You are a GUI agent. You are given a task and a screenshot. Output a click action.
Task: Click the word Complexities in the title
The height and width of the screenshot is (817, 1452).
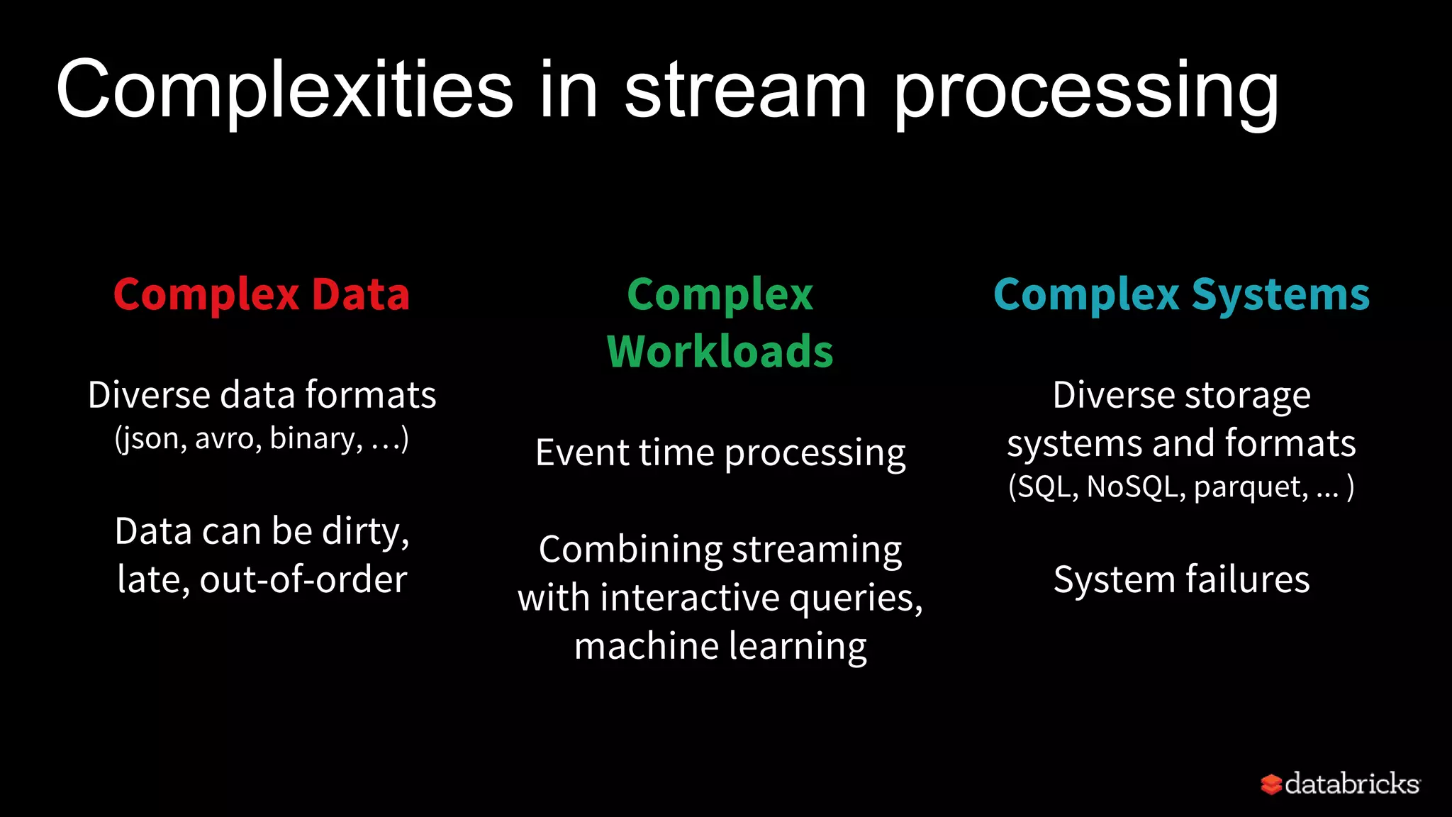[x=284, y=91]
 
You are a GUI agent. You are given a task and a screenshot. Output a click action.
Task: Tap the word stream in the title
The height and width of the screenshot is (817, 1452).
[x=744, y=91]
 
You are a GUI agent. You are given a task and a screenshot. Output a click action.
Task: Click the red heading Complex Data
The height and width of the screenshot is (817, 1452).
[x=262, y=294]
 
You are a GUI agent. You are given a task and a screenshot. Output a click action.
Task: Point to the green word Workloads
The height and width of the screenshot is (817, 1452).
[x=720, y=352]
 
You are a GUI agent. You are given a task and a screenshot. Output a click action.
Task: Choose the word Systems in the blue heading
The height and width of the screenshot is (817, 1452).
[x=1280, y=294]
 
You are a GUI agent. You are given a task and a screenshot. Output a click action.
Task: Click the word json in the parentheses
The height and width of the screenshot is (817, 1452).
[x=152, y=439]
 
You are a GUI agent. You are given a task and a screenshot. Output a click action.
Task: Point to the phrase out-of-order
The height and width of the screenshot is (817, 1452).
[x=303, y=579]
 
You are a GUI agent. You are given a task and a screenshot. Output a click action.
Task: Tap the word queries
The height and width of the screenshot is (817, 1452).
[x=854, y=598]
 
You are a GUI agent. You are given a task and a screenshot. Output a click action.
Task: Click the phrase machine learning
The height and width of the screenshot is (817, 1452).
[x=720, y=646]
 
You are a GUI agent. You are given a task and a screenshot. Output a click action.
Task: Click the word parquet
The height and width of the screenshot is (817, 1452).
[x=1250, y=487]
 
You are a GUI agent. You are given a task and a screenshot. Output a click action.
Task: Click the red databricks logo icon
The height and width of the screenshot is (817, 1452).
[x=1270, y=784]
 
